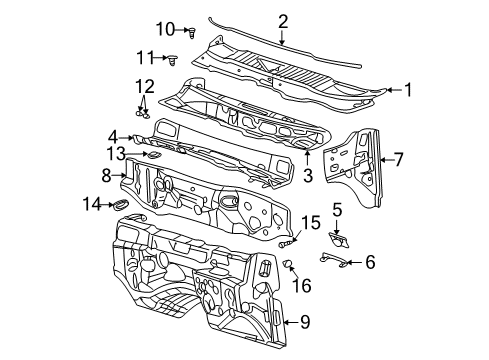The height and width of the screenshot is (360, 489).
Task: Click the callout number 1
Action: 407,90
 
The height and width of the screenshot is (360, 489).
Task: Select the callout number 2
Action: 283,21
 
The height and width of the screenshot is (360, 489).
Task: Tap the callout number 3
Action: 308,174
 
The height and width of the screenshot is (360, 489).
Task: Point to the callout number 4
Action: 114,137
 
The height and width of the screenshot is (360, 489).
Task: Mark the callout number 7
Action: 398,158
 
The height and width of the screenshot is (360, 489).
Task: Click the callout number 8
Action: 105,174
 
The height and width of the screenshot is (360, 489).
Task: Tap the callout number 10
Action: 164,28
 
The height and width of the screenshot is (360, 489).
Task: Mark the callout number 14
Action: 92,205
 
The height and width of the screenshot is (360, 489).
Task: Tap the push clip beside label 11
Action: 175,59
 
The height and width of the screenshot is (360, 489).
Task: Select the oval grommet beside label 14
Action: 120,205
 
